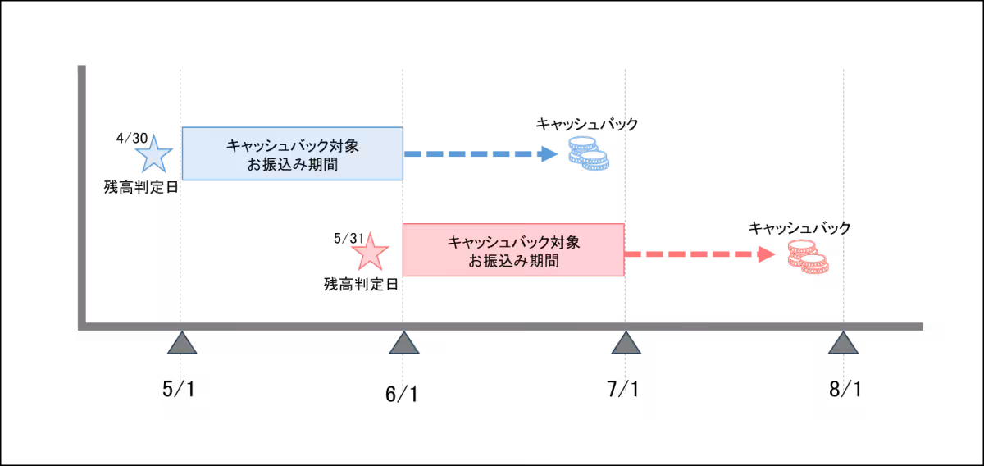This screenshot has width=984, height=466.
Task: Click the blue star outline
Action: point(154,154)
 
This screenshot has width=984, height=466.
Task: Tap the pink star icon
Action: point(370,253)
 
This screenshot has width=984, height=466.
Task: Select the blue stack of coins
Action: point(589,153)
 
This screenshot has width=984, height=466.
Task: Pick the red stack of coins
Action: point(808,256)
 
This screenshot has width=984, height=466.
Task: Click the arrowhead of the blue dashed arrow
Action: point(549,154)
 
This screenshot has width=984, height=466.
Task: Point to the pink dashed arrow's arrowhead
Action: point(767,254)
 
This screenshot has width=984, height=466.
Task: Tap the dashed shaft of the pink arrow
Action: point(689,254)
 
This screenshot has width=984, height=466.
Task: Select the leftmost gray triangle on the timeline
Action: point(182,344)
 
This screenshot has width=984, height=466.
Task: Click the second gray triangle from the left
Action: point(403,344)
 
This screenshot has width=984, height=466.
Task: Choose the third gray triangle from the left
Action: point(626,344)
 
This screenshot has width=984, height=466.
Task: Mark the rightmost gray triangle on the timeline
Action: point(843,344)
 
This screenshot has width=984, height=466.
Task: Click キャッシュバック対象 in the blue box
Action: point(292,146)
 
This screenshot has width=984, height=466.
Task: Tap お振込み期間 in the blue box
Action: point(292,166)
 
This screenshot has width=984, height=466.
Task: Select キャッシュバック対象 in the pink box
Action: point(513,243)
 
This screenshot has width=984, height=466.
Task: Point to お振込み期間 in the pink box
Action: point(513,263)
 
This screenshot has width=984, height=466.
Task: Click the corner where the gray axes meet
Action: point(82,327)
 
